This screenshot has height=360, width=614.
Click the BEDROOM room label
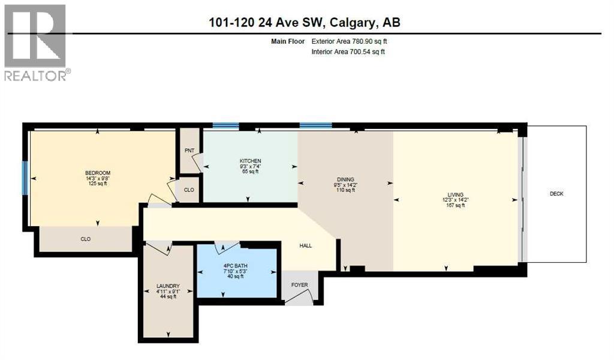tap(98, 173)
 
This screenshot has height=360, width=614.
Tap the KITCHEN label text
tap(250, 161)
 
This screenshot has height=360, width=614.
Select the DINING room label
tap(345, 179)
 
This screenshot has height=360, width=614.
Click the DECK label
tap(556, 194)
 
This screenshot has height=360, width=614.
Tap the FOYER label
tap(299, 286)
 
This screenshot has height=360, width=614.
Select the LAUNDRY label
tap(167, 286)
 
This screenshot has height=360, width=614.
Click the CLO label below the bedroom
tap(86, 239)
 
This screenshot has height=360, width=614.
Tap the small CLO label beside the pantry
tap(189, 189)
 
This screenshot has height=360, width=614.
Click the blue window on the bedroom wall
tap(25, 178)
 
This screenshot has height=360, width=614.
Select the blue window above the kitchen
tap(225, 126)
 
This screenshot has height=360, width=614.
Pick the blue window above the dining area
tap(315, 126)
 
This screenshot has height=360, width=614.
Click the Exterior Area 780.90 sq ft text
tap(353, 41)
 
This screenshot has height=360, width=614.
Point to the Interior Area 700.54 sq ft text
tap(348, 52)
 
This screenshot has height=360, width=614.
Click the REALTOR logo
tap(36, 42)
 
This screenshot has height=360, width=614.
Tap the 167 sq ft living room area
tap(453, 205)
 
